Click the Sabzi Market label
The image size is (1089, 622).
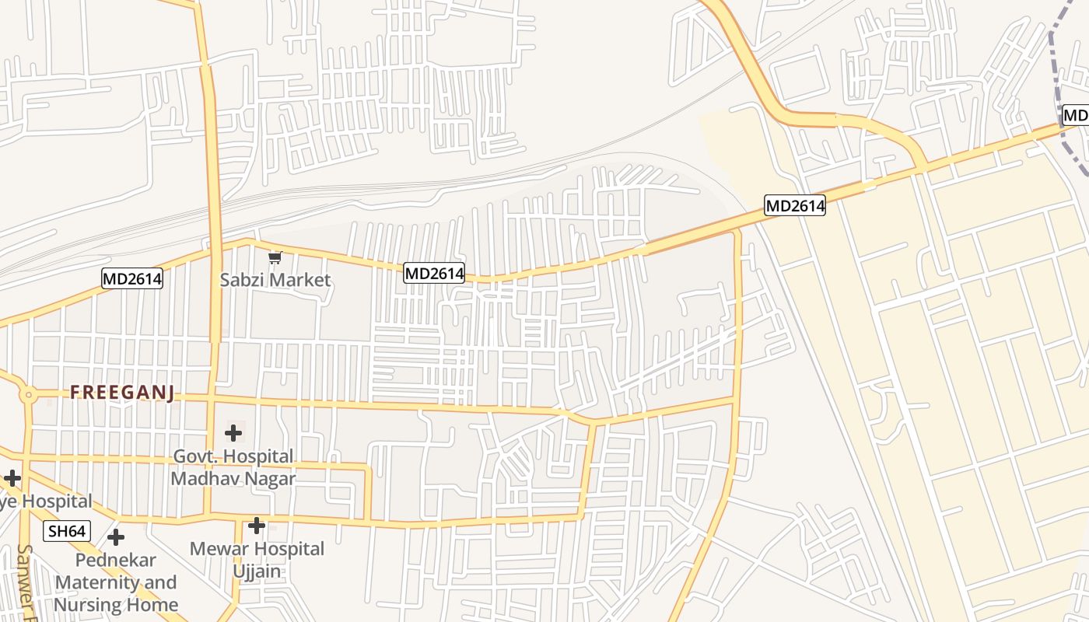click(x=275, y=280)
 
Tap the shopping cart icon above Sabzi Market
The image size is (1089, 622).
click(x=275, y=257)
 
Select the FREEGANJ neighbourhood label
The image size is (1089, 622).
click(x=122, y=393)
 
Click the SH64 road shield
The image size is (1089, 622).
click(x=67, y=532)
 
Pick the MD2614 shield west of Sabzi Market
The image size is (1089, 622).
click(x=132, y=278)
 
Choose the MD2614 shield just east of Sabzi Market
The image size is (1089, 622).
click(x=434, y=274)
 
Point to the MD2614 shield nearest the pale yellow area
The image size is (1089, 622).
click(x=794, y=205)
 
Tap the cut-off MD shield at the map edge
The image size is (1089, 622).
click(x=1075, y=116)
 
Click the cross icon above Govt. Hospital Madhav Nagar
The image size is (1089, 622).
click(x=233, y=433)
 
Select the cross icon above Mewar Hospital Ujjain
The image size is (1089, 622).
click(x=257, y=526)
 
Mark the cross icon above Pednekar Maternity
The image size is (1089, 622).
click(x=116, y=537)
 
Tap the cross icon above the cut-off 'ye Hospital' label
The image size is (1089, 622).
click(x=12, y=477)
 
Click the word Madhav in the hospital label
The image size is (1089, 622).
click(x=201, y=478)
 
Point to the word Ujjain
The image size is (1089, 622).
click(x=257, y=571)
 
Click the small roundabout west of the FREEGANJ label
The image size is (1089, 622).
click(x=29, y=395)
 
